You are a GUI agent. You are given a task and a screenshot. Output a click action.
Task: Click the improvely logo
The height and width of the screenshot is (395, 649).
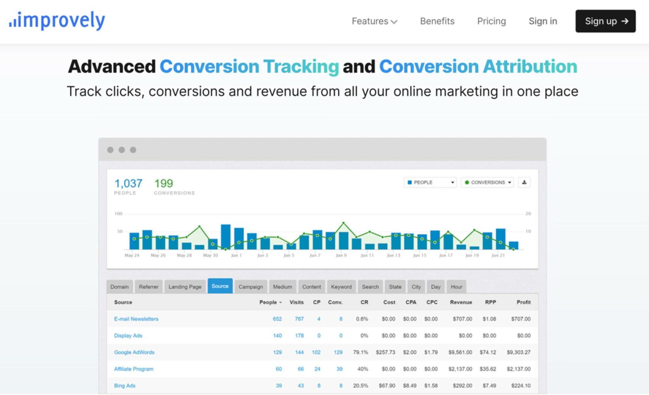(x=57, y=21)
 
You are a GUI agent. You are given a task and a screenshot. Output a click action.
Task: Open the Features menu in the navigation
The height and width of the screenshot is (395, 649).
(x=374, y=21)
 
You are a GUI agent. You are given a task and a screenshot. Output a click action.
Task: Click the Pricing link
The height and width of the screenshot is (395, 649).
(x=491, y=21)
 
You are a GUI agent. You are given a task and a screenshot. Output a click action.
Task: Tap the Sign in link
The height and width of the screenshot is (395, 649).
(x=543, y=21)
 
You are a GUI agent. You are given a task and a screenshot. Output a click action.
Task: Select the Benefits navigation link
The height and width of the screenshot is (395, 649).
(x=437, y=21)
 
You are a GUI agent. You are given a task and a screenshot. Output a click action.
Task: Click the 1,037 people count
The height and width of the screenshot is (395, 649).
(x=128, y=183)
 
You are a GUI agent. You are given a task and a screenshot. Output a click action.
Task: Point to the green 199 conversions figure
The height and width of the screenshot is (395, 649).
(x=164, y=183)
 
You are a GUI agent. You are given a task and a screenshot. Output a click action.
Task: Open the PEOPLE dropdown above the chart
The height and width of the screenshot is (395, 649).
(x=430, y=182)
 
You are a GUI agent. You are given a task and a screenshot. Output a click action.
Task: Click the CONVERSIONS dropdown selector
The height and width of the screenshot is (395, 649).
(x=487, y=182)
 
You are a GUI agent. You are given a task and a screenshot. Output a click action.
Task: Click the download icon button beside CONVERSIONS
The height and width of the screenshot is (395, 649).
(x=524, y=182)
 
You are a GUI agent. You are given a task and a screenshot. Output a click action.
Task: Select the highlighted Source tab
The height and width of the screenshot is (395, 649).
(x=220, y=286)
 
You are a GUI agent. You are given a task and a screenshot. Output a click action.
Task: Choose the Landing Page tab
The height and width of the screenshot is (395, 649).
(x=185, y=287)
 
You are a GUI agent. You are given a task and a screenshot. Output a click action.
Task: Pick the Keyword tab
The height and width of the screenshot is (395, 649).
(x=341, y=287)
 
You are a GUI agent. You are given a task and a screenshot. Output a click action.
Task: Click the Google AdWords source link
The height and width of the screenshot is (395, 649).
(x=134, y=352)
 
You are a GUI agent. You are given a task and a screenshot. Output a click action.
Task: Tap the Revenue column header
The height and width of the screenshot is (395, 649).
(x=461, y=302)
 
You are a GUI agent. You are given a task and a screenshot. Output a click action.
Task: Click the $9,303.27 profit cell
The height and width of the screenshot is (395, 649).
(x=518, y=352)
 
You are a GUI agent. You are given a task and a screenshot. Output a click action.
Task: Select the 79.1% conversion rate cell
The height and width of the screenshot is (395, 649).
(x=361, y=352)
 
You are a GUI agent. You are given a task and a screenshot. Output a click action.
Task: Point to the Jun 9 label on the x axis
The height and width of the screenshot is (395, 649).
(x=341, y=255)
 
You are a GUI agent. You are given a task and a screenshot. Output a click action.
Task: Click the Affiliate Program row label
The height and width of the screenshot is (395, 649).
(x=133, y=369)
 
